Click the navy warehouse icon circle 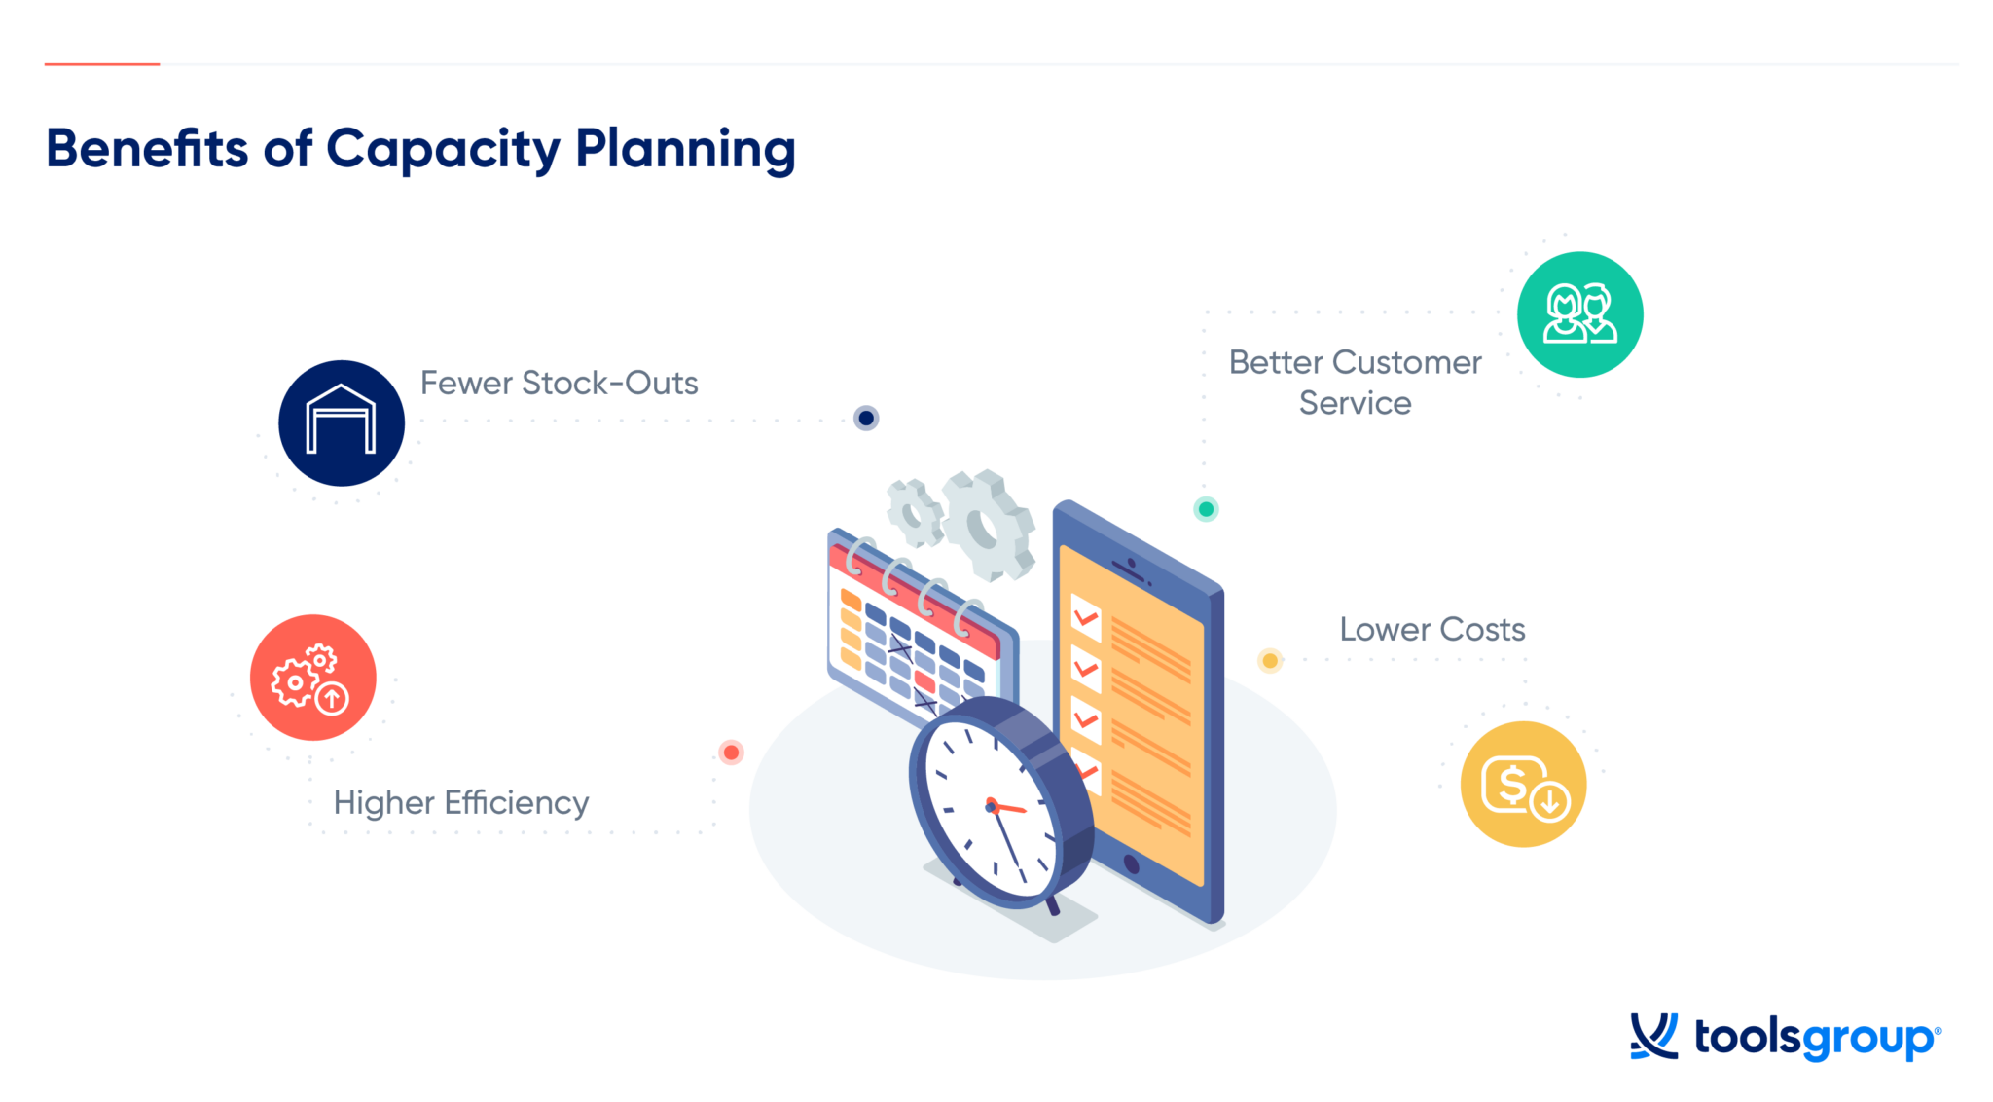(x=341, y=422)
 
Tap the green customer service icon (x=1579, y=314)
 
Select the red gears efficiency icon (x=312, y=678)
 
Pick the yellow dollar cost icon (x=1523, y=784)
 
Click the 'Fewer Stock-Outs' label (x=559, y=383)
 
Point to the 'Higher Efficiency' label (x=460, y=802)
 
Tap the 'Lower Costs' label (x=1431, y=629)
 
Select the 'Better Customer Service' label (x=1355, y=382)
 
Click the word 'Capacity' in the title (x=443, y=149)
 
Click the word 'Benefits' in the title (x=147, y=149)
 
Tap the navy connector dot (x=866, y=418)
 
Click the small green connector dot (x=1206, y=508)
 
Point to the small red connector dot (x=731, y=752)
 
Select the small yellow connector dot (x=1270, y=660)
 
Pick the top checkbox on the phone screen (x=1085, y=616)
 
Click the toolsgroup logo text (x=1816, y=1038)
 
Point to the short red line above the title (x=101, y=64)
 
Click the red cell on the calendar (x=924, y=681)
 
